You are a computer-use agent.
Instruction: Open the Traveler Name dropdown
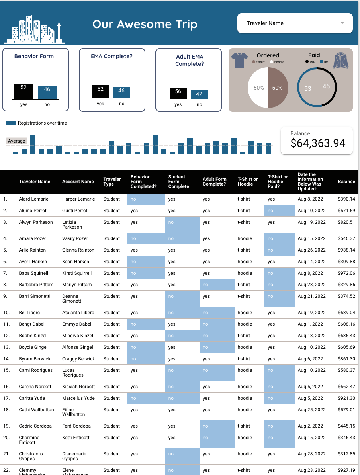tap(295, 23)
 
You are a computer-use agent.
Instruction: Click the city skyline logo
tap(34, 30)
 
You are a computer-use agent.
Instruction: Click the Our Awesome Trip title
tap(145, 24)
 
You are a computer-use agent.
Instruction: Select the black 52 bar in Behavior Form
tap(23, 91)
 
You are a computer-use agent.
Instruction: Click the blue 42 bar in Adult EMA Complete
tap(199, 94)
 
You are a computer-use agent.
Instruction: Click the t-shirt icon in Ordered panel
tap(239, 61)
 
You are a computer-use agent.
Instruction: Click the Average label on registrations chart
tap(17, 141)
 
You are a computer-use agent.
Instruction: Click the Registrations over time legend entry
tap(37, 123)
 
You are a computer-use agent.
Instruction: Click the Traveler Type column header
tap(112, 182)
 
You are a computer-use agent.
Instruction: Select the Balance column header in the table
tap(346, 182)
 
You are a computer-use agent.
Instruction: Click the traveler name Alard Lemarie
tap(33, 199)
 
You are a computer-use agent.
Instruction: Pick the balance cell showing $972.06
tap(346, 273)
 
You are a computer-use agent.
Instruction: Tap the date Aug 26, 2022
tap(311, 250)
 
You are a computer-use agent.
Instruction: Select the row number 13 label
tap(5, 347)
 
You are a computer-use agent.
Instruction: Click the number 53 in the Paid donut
tap(307, 88)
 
